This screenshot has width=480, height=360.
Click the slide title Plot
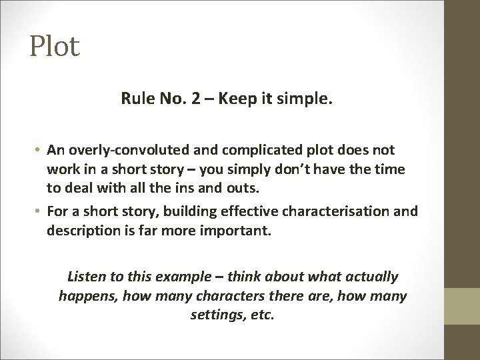click(x=54, y=46)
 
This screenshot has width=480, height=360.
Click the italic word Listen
click(x=87, y=276)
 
